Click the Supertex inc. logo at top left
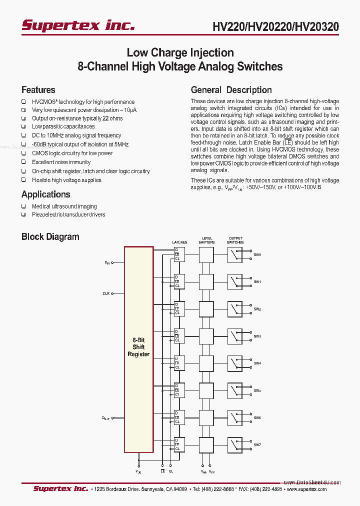point(77,25)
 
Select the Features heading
point(38,90)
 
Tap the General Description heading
point(231,90)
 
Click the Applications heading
point(45,194)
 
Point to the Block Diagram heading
point(50,237)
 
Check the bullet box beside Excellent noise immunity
point(23,162)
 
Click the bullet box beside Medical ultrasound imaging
point(23,206)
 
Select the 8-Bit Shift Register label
point(138,347)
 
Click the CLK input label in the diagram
point(106,293)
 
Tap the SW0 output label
point(257,254)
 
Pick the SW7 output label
point(257,444)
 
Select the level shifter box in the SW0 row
point(206,255)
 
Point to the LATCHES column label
point(179,242)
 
